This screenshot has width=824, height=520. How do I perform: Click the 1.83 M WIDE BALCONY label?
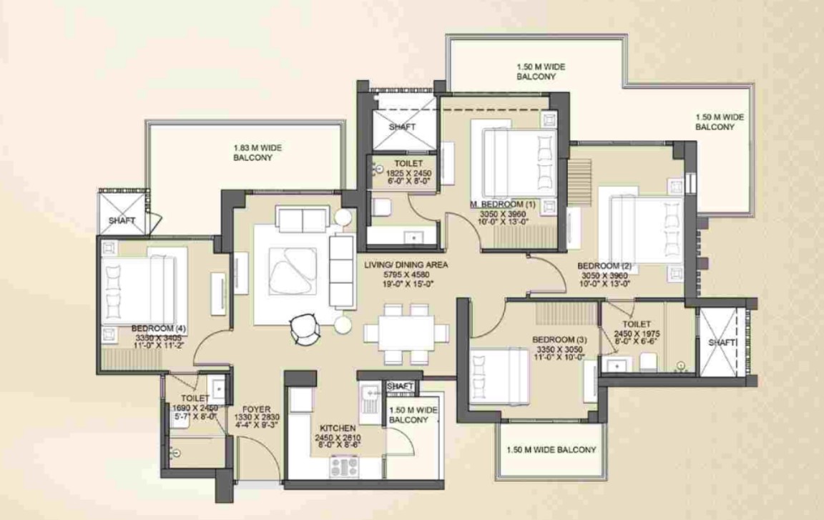click(x=257, y=153)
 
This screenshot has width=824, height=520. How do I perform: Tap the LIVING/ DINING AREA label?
click(x=406, y=265)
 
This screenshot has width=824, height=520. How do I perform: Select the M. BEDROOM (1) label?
click(x=503, y=204)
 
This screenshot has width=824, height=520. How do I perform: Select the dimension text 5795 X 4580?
click(x=406, y=274)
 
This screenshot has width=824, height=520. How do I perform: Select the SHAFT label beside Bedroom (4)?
click(x=122, y=221)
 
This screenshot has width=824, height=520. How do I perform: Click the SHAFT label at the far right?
click(x=722, y=343)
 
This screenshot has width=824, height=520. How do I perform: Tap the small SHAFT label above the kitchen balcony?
click(x=400, y=386)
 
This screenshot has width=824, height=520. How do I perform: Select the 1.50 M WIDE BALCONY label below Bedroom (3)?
click(x=551, y=450)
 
